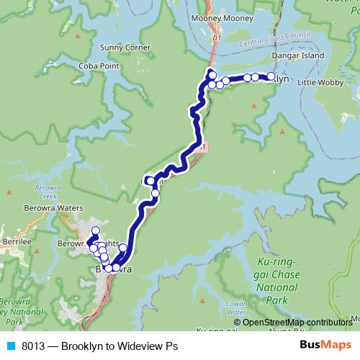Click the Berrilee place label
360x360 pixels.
[16, 243]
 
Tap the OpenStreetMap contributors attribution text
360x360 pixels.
[297, 323]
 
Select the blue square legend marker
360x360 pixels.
[11, 346]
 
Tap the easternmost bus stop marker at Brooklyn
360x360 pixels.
[271, 76]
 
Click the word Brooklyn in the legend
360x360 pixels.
[81, 346]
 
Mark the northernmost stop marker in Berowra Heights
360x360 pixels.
[95, 230]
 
